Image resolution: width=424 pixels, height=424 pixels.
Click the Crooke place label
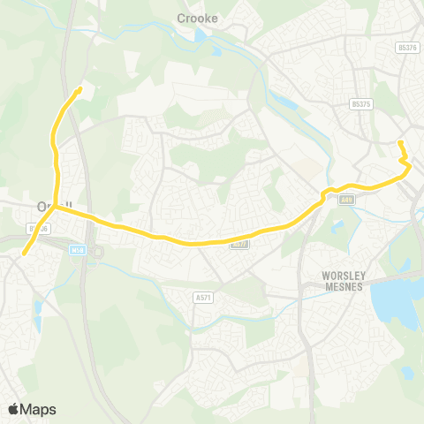(x=197, y=17)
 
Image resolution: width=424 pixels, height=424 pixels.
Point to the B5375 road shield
(x=358, y=102)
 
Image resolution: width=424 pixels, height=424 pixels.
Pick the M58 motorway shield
(x=77, y=250)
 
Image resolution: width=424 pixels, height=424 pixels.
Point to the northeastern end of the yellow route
(x=400, y=142)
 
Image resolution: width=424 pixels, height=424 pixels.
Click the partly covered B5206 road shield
(x=37, y=228)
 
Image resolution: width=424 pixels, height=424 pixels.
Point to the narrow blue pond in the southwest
(x=37, y=310)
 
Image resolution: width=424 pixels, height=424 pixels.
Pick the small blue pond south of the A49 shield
(x=337, y=227)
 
